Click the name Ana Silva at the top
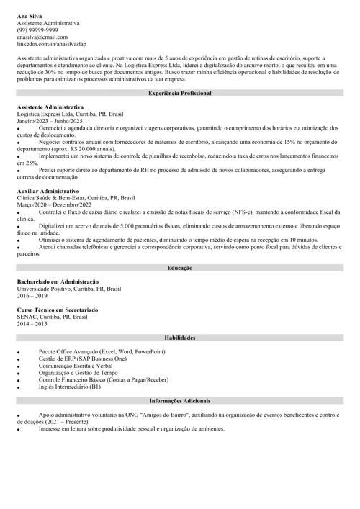coord(31,16)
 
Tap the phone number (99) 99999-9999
coord(37,30)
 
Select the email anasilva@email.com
coord(42,37)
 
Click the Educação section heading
coord(180,268)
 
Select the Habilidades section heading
coord(180,337)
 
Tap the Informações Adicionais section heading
coord(180,400)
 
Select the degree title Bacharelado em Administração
coord(58,281)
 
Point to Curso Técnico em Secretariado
coord(58,310)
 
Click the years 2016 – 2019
coord(32,296)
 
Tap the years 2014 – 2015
coord(32,324)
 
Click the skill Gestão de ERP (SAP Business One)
coord(83,359)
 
